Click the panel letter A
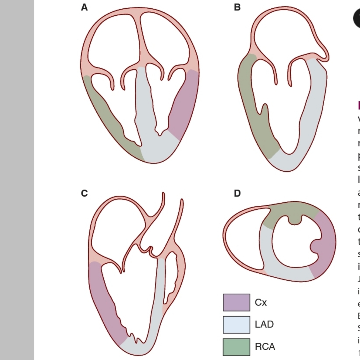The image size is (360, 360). click(84, 8)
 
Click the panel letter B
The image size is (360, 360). click(237, 7)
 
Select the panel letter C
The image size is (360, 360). click(84, 193)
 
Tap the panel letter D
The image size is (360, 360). click(237, 193)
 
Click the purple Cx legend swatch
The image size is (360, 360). click(236, 302)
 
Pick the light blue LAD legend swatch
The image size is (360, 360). click(236, 324)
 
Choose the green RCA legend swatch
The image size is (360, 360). click(236, 347)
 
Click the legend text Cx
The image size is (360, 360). click(261, 303)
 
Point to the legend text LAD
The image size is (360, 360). click(264, 324)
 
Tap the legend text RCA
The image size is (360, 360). click(265, 347)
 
